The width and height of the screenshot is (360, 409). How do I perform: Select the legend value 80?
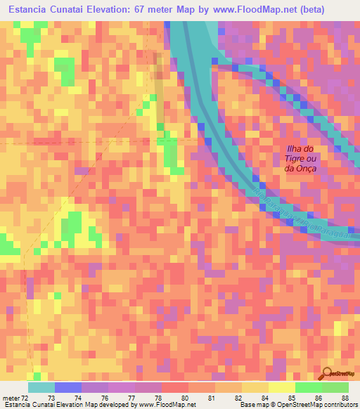pos(185,397)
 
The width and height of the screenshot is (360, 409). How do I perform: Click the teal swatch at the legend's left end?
pos(41,387)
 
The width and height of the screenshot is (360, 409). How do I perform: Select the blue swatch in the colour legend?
pos(67,387)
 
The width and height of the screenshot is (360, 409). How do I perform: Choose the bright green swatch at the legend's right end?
pos(335,387)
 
